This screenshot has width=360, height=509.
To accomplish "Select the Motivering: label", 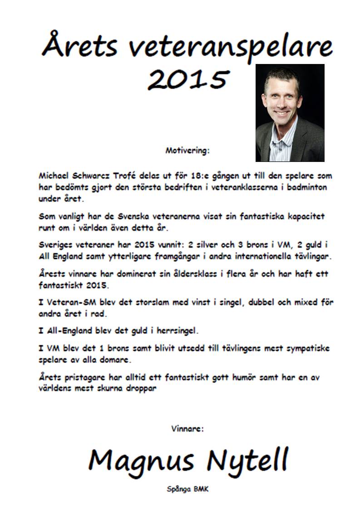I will pos(187,151).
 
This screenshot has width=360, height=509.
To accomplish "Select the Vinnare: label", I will pos(187,428).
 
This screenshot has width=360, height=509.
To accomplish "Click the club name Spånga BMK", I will pos(187,489).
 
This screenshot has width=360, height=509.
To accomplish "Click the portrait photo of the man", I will pos(290,113).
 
